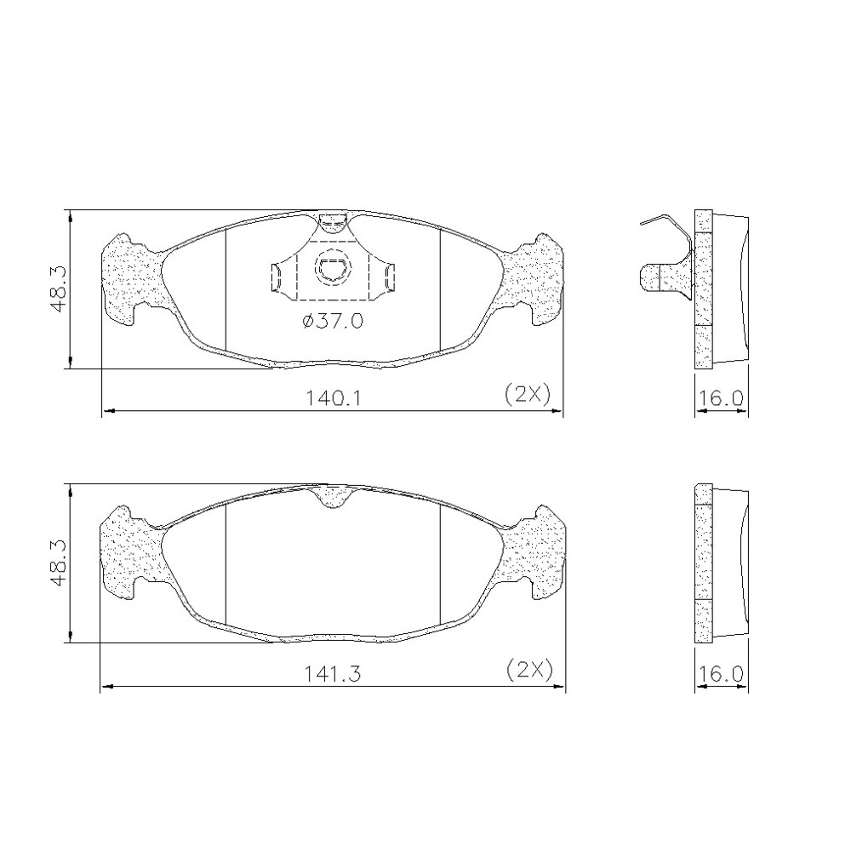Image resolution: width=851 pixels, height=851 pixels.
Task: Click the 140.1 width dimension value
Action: (x=334, y=399)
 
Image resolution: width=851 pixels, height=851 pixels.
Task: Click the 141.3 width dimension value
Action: (x=333, y=673)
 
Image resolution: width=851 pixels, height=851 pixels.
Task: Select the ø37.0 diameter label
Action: (x=333, y=322)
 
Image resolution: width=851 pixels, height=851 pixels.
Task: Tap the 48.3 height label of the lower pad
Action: (x=59, y=563)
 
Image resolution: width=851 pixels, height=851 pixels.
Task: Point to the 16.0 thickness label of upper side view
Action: (x=720, y=399)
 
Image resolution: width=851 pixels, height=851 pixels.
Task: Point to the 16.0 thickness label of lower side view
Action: (x=720, y=673)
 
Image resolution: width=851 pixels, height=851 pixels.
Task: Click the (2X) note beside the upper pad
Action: (x=528, y=394)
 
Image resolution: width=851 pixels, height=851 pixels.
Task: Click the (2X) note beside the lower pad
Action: (x=528, y=669)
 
